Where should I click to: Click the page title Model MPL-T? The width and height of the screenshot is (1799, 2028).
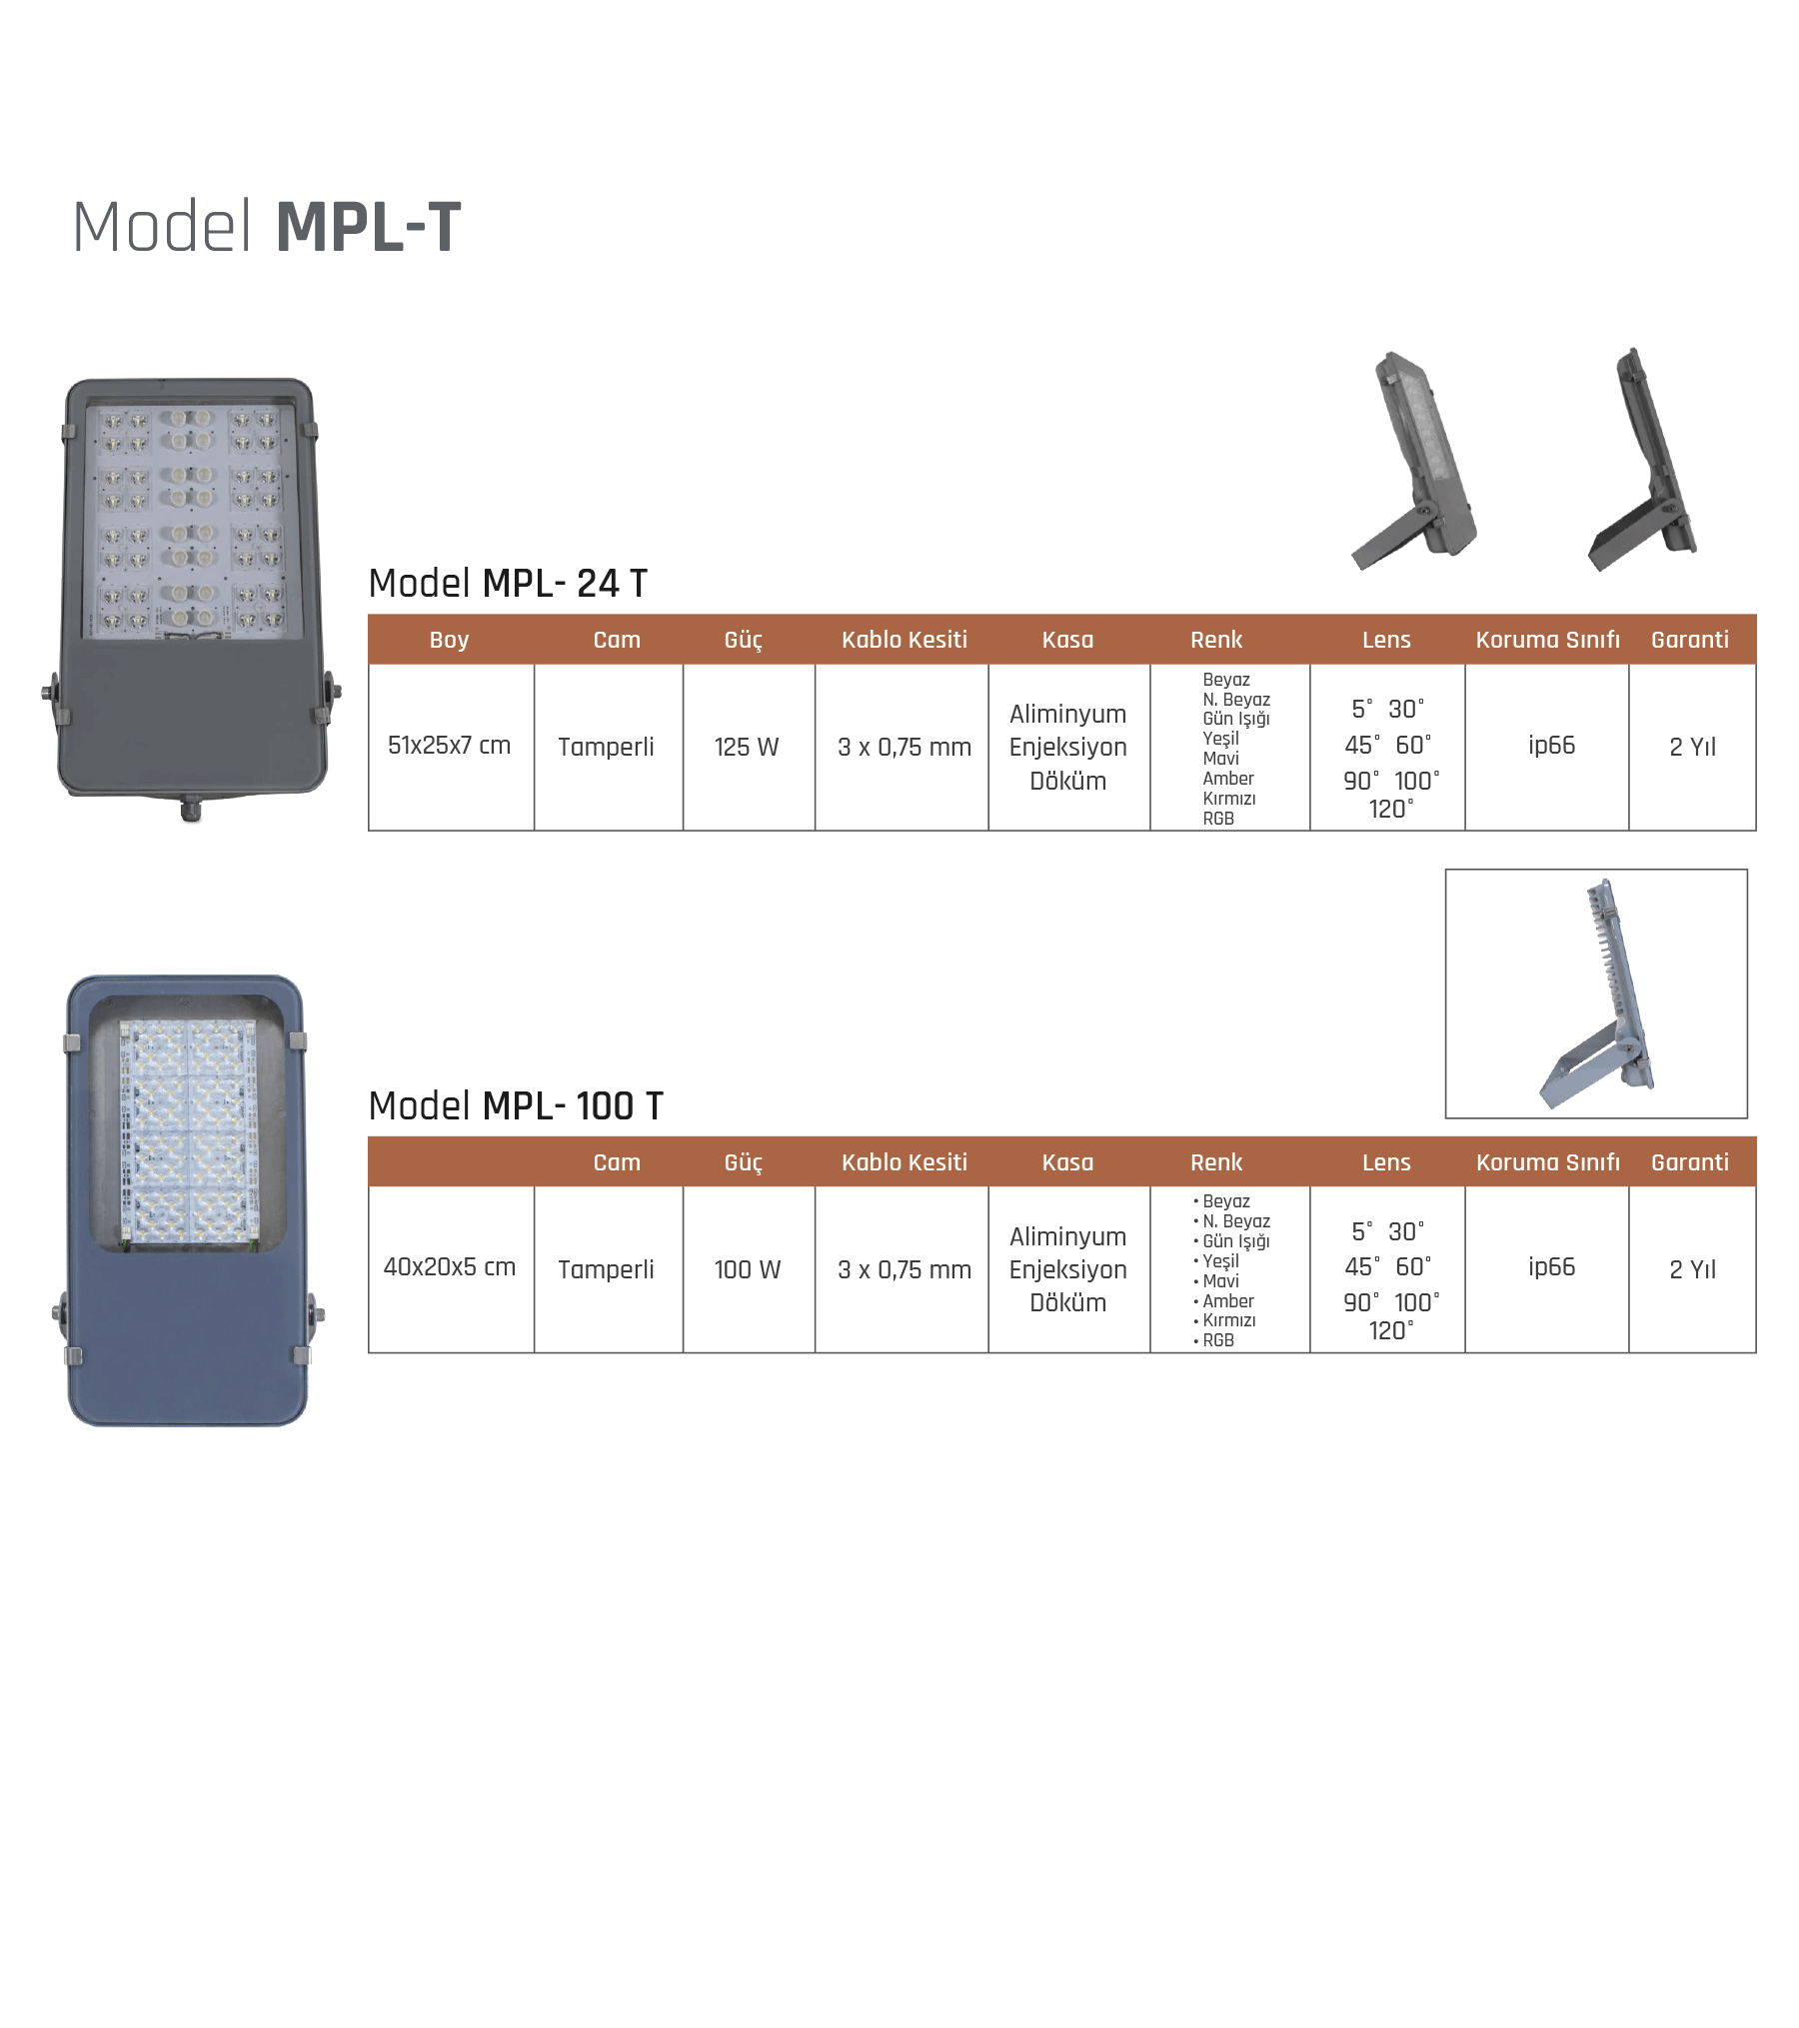pyautogui.click(x=267, y=227)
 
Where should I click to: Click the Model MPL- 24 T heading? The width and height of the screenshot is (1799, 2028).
pyautogui.click(x=508, y=584)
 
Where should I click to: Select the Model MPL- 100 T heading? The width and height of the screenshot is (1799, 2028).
pyautogui.click(x=515, y=1106)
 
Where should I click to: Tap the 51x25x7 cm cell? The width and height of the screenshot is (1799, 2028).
pyautogui.click(x=449, y=746)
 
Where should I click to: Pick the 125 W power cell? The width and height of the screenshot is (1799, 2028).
pyautogui.click(x=747, y=748)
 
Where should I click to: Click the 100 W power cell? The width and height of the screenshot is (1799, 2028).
pyautogui.click(x=747, y=1269)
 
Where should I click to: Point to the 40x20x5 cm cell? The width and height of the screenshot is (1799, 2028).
pyautogui.click(x=449, y=1267)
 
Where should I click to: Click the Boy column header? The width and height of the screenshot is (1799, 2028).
pyautogui.click(x=449, y=640)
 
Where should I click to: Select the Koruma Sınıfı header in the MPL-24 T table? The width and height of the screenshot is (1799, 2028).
pyautogui.click(x=1547, y=640)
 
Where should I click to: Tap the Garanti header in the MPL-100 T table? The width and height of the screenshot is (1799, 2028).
pyautogui.click(x=1689, y=1162)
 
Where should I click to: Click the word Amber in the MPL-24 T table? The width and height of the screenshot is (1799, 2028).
pyautogui.click(x=1227, y=779)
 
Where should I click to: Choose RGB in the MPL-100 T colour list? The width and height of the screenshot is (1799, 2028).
pyautogui.click(x=1217, y=1340)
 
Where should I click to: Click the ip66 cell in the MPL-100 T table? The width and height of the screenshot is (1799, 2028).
pyautogui.click(x=1551, y=1267)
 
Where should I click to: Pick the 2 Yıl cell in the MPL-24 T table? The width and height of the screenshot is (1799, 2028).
pyautogui.click(x=1692, y=748)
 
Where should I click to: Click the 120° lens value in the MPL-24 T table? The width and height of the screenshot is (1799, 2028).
pyautogui.click(x=1390, y=809)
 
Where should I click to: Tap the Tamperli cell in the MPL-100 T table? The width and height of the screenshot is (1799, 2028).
pyautogui.click(x=606, y=1269)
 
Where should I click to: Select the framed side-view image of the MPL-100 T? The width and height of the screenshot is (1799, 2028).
pyautogui.click(x=1595, y=994)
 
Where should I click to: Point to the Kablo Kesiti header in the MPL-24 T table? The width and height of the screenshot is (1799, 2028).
pyautogui.click(x=903, y=640)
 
